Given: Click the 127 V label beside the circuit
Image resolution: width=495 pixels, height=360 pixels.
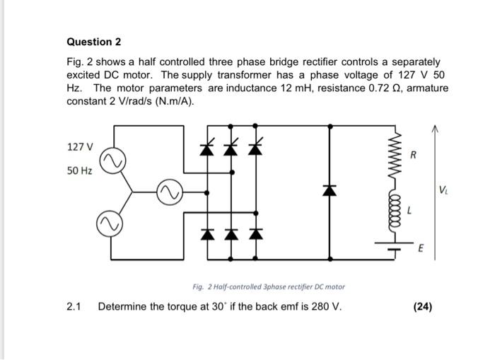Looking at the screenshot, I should coord(79,147).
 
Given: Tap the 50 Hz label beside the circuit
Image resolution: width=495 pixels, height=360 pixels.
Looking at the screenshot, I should coord(79,172).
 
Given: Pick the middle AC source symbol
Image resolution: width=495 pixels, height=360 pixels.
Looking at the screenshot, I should coord(168,192).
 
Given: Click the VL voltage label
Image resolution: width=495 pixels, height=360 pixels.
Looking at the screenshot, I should coord(443,190).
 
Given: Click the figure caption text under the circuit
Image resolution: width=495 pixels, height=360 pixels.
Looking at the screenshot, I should coord(268,286).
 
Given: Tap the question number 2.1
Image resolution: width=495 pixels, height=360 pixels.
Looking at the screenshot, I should coord(74,306).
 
